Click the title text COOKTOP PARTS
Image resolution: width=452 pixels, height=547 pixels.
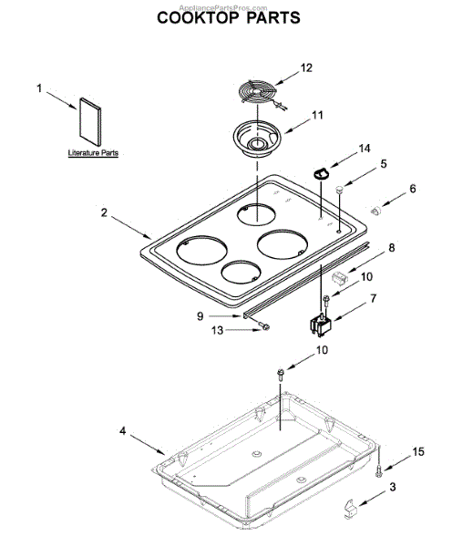(x=229, y=18)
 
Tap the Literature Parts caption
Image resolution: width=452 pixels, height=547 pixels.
(x=93, y=153)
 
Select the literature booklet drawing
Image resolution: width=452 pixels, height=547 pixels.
(x=90, y=121)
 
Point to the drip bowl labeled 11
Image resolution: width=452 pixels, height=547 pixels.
(x=257, y=139)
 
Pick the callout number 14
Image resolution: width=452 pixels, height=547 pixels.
(x=365, y=149)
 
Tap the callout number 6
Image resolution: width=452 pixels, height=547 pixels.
(x=413, y=189)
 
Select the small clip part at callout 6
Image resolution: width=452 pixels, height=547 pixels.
(x=376, y=211)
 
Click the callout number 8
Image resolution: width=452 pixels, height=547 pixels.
(x=392, y=248)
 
